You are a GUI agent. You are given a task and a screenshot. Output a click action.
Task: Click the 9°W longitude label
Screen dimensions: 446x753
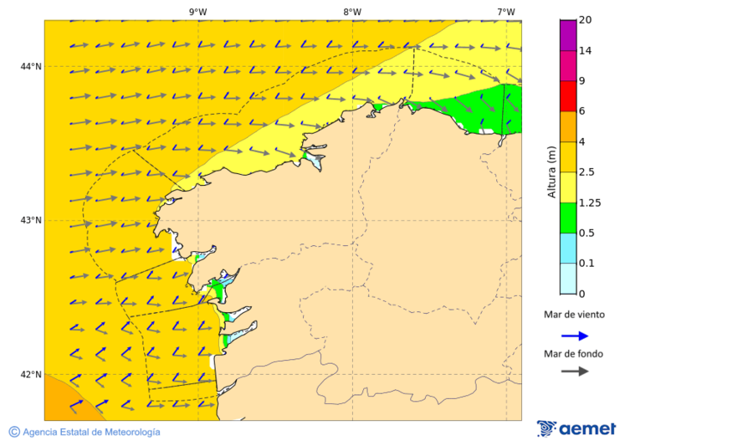[x=197, y=12]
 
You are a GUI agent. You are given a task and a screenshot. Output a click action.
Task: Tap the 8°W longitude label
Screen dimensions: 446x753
[x=352, y=12]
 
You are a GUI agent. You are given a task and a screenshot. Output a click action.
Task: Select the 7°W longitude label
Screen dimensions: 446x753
[x=505, y=12]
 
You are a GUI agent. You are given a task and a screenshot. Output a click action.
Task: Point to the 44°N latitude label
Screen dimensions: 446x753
[x=31, y=67]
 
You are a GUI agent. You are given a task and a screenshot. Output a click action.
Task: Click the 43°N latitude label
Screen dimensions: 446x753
[x=31, y=221]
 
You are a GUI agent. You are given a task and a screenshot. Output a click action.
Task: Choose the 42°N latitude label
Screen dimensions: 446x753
[x=31, y=375]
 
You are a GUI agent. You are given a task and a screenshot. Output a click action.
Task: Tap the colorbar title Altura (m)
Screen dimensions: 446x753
[x=551, y=172]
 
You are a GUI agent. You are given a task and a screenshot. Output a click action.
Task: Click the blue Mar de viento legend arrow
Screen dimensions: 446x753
[x=575, y=336]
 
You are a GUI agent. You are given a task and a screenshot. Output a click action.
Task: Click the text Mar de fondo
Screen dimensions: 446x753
[x=572, y=354]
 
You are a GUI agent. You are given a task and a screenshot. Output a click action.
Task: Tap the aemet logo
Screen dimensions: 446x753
[x=576, y=428]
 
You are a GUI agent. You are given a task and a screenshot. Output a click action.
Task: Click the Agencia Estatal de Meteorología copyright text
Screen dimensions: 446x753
[x=85, y=432]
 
